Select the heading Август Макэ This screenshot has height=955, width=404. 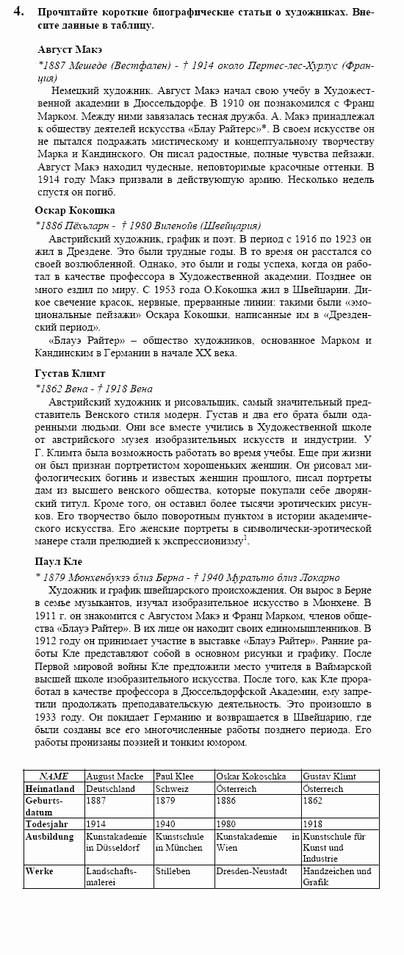coord(70,49)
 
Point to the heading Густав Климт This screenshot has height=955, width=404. coord(71,373)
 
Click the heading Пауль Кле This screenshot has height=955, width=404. coord(59,562)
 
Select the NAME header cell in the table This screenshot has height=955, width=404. coord(54,776)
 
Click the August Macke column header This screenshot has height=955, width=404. coord(115,776)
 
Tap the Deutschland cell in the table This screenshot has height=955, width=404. coord(111,788)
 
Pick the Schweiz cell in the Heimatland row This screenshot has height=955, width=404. coord(172,788)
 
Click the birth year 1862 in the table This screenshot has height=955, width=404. coord(313,801)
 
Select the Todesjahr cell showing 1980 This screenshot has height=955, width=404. coord(226,824)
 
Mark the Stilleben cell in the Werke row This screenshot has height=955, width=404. coord(173,871)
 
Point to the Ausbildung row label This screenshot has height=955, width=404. coord(49,837)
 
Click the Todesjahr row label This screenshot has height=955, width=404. coord(47,824)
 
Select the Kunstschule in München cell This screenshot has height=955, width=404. coord(179,842)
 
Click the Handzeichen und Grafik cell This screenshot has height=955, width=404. coord(337,876)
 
